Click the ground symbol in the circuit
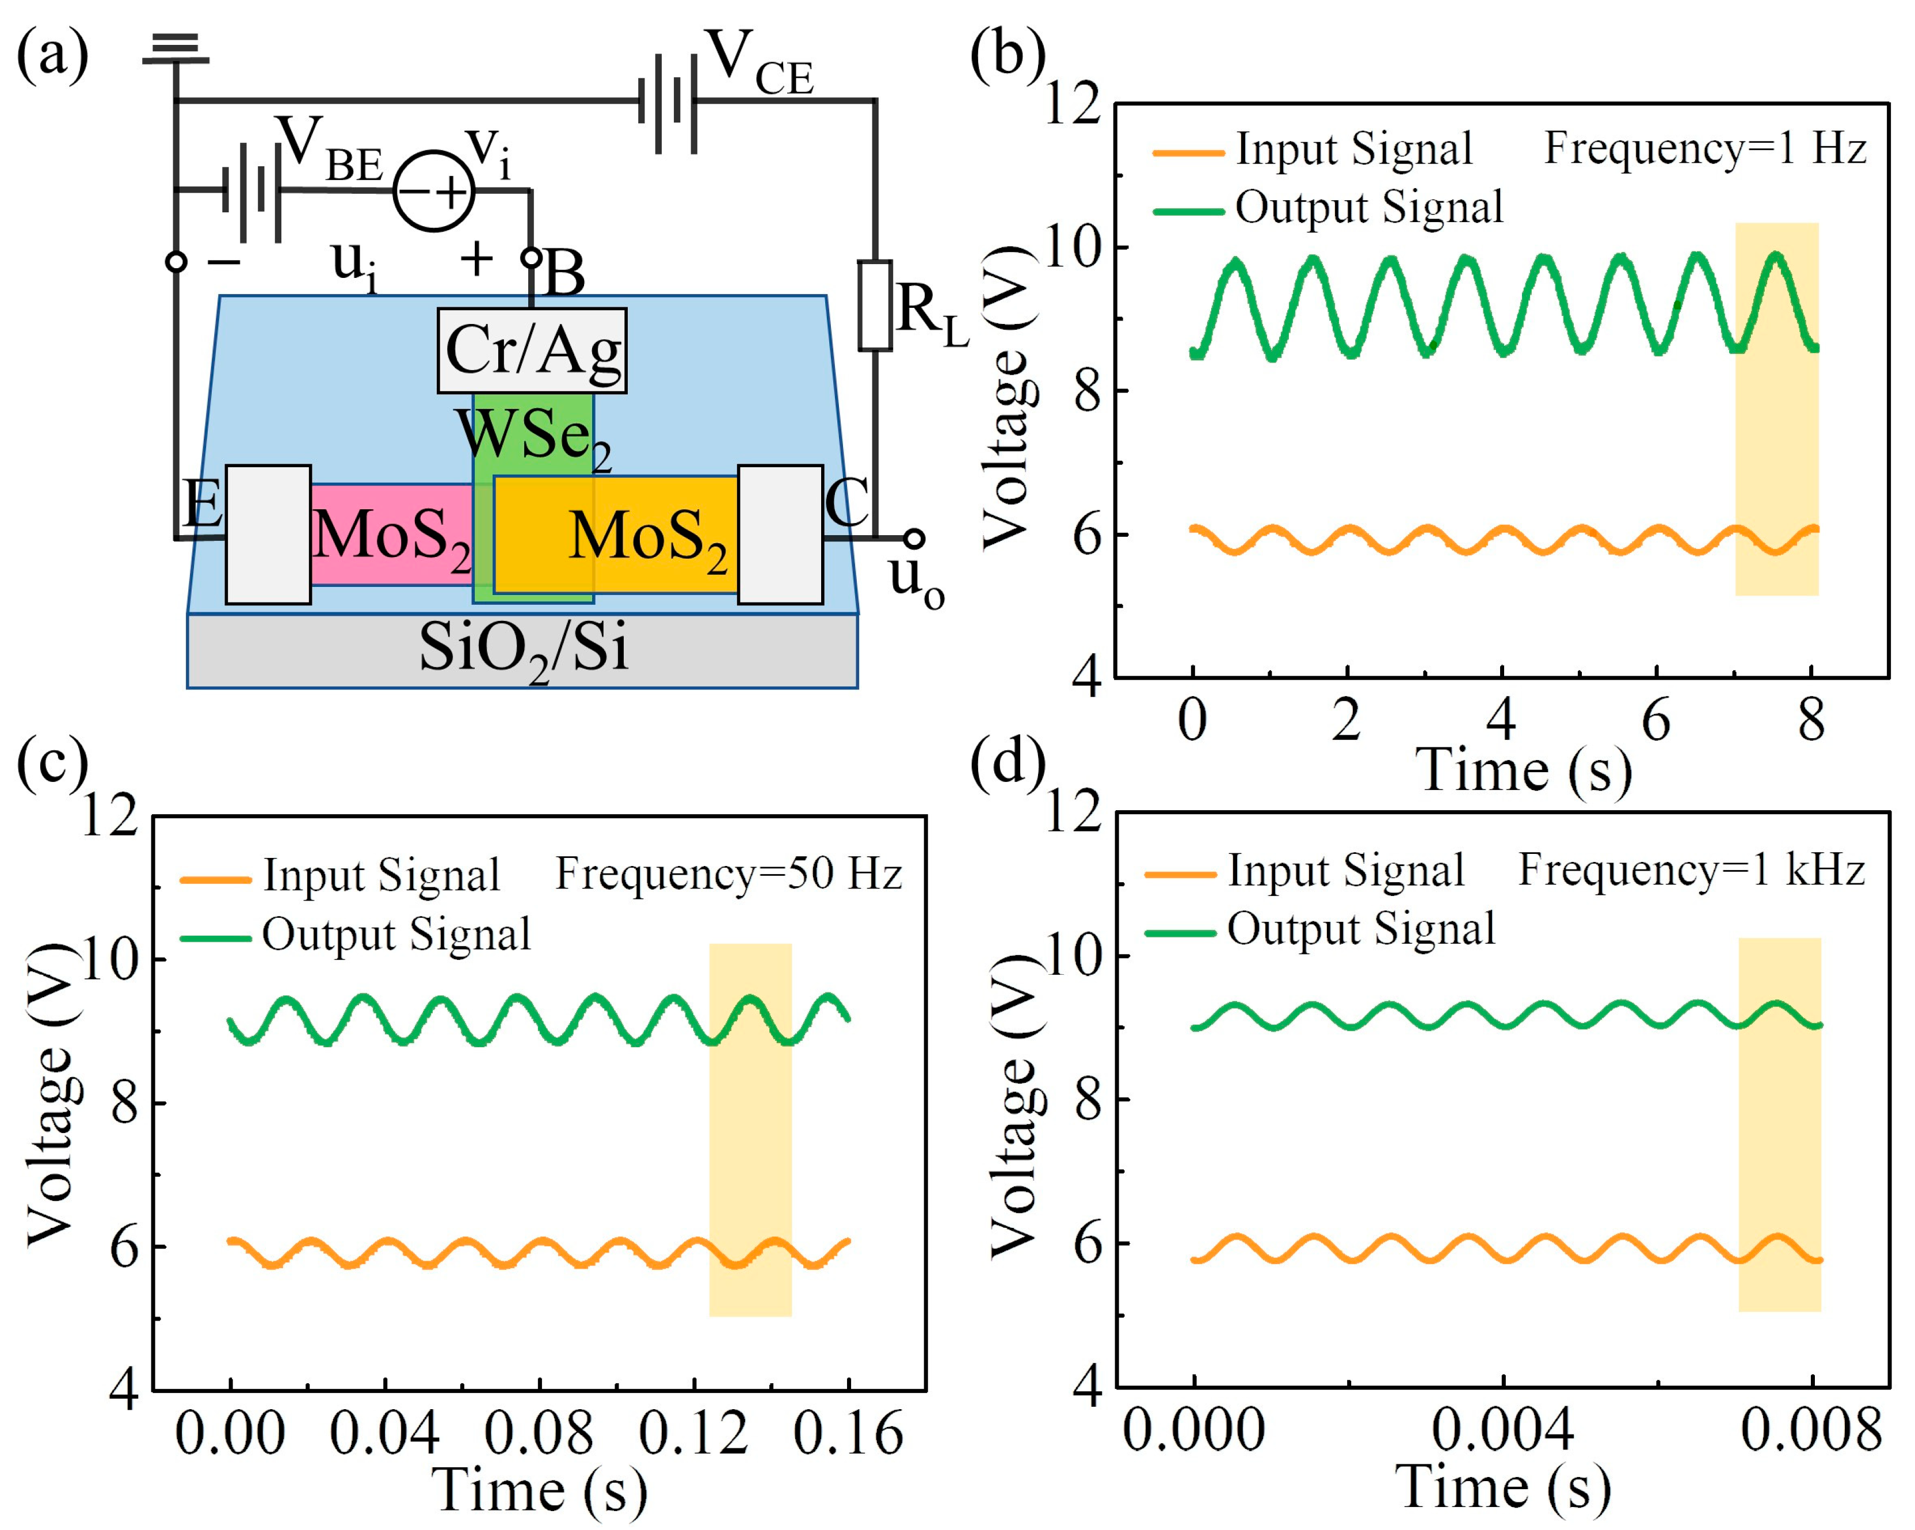(176, 49)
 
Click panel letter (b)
(1007, 55)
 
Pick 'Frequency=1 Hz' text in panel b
(1704, 147)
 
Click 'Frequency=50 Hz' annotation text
(728, 874)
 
